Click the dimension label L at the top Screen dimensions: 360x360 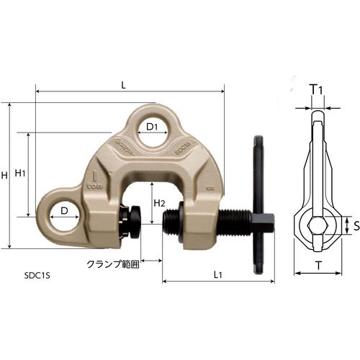tap(124, 85)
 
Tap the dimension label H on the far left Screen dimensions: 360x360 tap(6, 176)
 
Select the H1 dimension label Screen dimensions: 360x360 tap(20, 174)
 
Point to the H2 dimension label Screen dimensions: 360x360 tap(161, 203)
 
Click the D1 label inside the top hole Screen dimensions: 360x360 tap(152, 127)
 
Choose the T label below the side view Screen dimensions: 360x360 tap(318, 266)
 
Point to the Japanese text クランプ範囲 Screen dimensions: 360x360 tap(112, 264)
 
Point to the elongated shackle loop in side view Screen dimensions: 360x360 tap(317, 155)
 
